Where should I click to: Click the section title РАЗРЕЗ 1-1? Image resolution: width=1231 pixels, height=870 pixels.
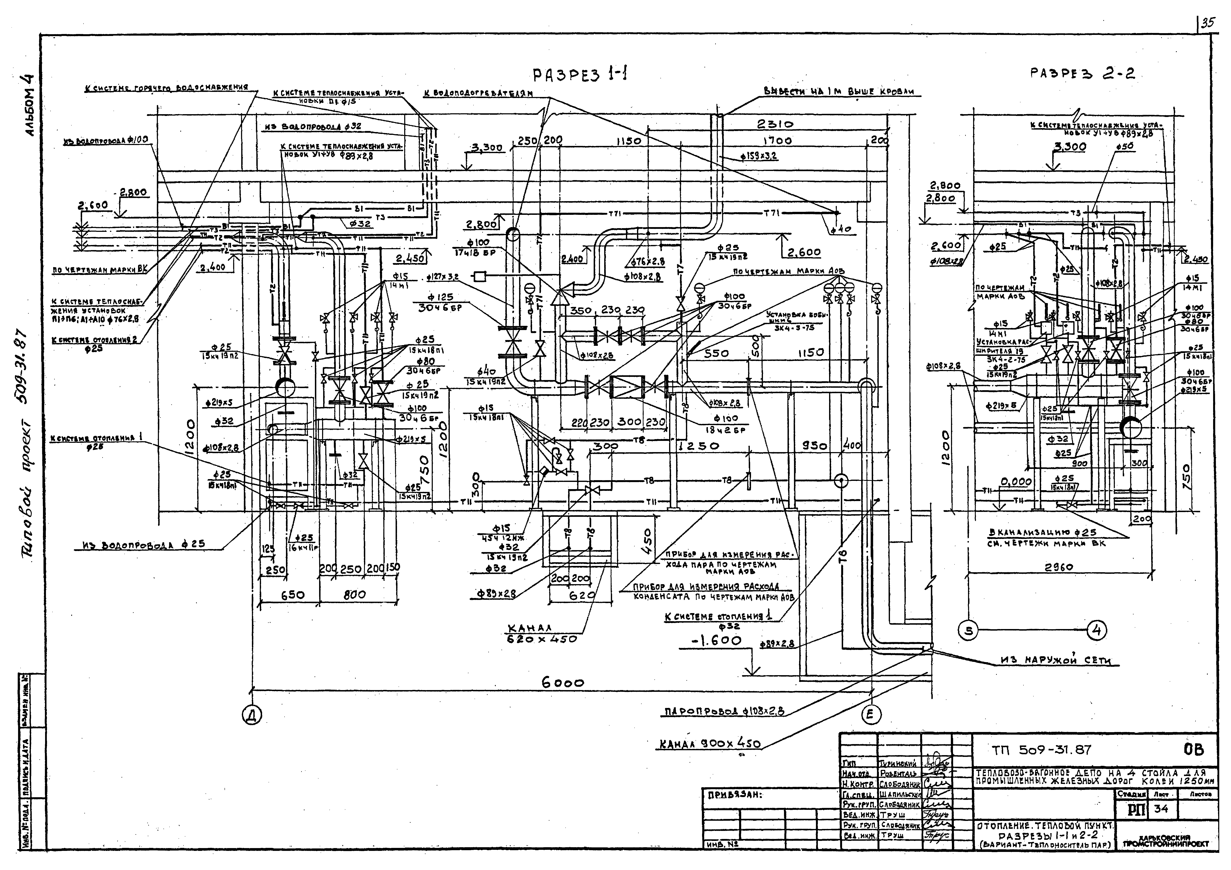pos(580,75)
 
